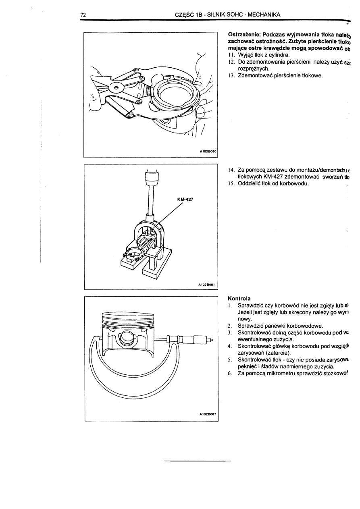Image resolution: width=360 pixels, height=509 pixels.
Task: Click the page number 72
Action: (x=83, y=15)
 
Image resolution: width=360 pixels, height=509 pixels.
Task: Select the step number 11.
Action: (x=231, y=55)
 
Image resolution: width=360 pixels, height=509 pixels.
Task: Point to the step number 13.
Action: (x=231, y=75)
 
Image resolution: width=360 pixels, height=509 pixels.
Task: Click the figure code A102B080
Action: (x=208, y=152)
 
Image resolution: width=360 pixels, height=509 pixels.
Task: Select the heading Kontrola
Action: (x=239, y=299)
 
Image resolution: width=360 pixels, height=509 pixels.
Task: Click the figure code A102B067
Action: (x=208, y=414)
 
